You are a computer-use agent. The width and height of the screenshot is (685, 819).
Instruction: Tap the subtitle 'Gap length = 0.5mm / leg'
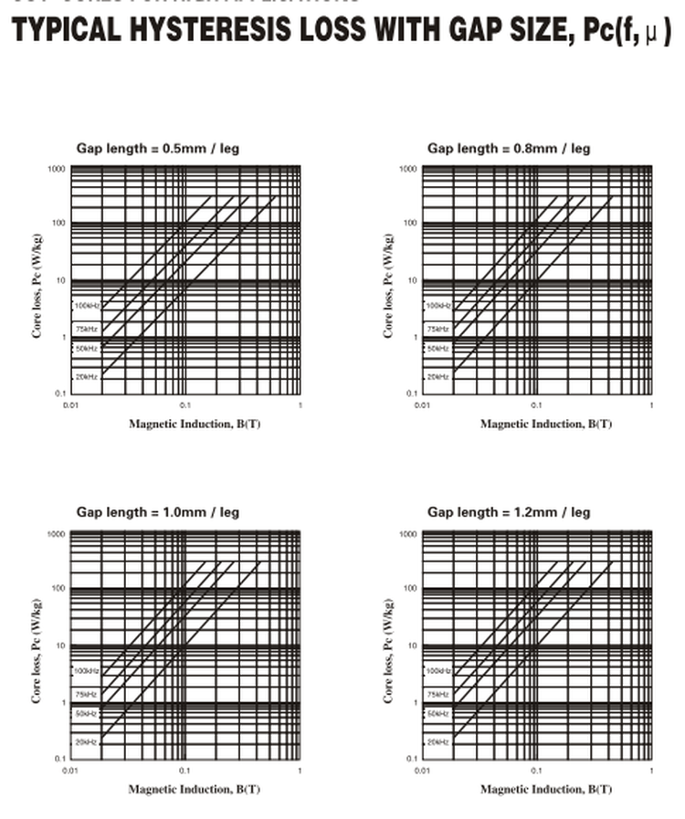(x=157, y=148)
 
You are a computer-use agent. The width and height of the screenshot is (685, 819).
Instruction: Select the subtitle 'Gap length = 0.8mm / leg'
(x=509, y=148)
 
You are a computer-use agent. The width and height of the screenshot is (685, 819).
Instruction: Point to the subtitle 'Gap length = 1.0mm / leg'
(x=157, y=512)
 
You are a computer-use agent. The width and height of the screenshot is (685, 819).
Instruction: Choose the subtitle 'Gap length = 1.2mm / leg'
(x=509, y=512)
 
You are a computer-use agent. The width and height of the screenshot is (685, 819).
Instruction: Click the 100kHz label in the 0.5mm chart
(x=86, y=305)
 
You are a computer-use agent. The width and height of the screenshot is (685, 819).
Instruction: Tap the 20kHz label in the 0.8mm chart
(x=438, y=376)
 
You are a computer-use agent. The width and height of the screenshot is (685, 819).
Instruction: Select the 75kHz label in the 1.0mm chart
(x=86, y=695)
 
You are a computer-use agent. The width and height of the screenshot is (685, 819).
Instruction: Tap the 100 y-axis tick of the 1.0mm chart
(x=57, y=589)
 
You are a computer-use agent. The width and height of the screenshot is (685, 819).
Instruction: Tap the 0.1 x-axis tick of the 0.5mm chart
(x=184, y=404)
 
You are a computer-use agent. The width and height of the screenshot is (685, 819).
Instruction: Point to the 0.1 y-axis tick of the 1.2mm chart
(x=411, y=759)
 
